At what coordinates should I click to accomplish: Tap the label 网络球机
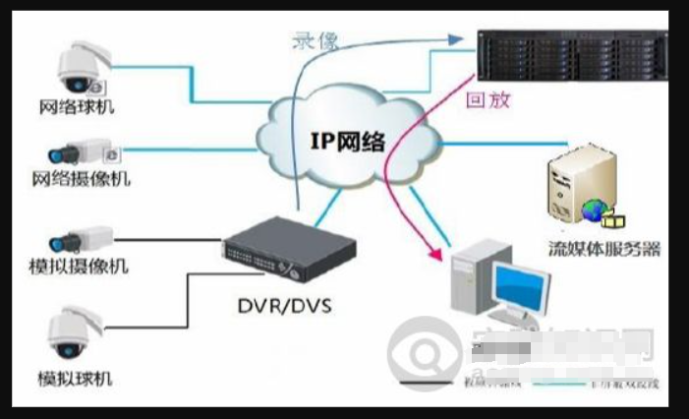[x=78, y=106]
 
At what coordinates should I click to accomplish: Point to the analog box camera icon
[x=80, y=239]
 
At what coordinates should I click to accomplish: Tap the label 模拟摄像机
[x=81, y=267]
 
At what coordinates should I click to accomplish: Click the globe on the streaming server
[x=594, y=209]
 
